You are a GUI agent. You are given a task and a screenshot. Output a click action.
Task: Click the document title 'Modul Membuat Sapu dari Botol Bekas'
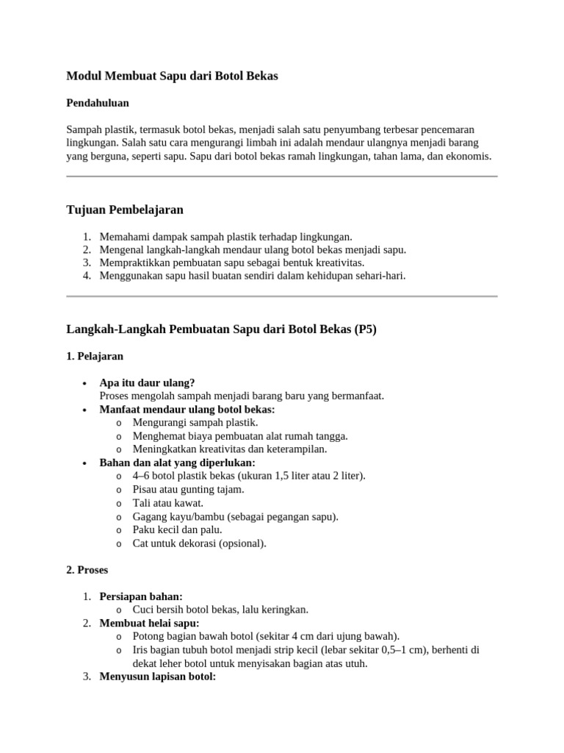click(172, 76)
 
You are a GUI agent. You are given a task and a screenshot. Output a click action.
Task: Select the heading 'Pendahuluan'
click(98, 103)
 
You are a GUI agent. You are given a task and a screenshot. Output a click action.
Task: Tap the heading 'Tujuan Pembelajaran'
click(125, 210)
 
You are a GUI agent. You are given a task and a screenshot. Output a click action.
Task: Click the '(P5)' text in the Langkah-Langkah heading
click(365, 329)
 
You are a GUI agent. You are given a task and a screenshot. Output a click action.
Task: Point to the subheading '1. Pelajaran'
click(95, 356)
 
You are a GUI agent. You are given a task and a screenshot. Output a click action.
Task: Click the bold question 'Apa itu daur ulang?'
click(147, 383)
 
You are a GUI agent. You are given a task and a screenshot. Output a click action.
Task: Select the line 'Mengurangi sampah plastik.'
click(195, 423)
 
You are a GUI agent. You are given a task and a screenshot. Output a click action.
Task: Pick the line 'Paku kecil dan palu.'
click(177, 530)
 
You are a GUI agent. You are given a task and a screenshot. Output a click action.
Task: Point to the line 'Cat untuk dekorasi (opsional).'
click(199, 543)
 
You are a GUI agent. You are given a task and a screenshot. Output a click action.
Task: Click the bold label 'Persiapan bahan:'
click(141, 596)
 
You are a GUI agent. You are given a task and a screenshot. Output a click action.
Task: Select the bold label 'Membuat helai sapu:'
click(149, 624)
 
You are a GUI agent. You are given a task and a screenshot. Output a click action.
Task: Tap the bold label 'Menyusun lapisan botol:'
click(157, 677)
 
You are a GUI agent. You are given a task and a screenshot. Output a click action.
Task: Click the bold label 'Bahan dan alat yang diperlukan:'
click(177, 463)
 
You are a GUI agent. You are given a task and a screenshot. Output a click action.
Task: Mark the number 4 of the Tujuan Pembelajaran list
click(86, 276)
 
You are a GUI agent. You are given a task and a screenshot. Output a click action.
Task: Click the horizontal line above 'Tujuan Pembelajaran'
click(282, 176)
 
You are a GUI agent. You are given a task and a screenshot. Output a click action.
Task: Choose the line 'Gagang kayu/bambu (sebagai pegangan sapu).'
click(235, 517)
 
